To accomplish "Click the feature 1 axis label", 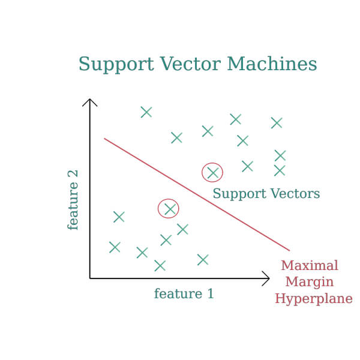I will coord(184,294).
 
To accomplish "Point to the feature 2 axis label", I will coord(73,200).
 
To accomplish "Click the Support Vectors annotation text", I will coord(266,194).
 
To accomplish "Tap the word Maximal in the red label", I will coord(310,265).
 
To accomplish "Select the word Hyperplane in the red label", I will coord(313,299).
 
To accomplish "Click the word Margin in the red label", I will coord(310,282).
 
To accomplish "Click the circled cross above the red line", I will coord(212,173).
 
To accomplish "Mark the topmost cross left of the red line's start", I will coord(146,112).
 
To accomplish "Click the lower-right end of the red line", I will coord(289,250).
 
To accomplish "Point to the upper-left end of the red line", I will coord(105,139).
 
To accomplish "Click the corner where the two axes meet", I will coord(90,278).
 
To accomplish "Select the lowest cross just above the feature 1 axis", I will coord(160,266).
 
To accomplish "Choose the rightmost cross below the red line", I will coord(203,260).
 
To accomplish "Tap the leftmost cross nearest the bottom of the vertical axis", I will coord(115,247).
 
